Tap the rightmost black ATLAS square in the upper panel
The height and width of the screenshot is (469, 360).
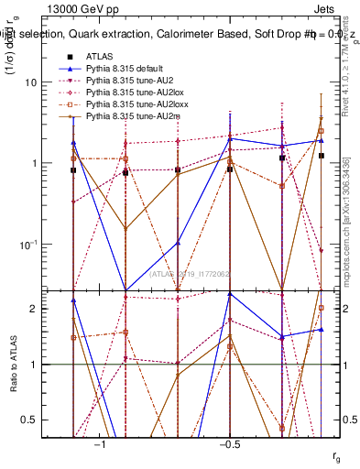[x=322, y=156]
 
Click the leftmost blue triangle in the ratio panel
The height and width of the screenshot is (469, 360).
[x=73, y=300]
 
